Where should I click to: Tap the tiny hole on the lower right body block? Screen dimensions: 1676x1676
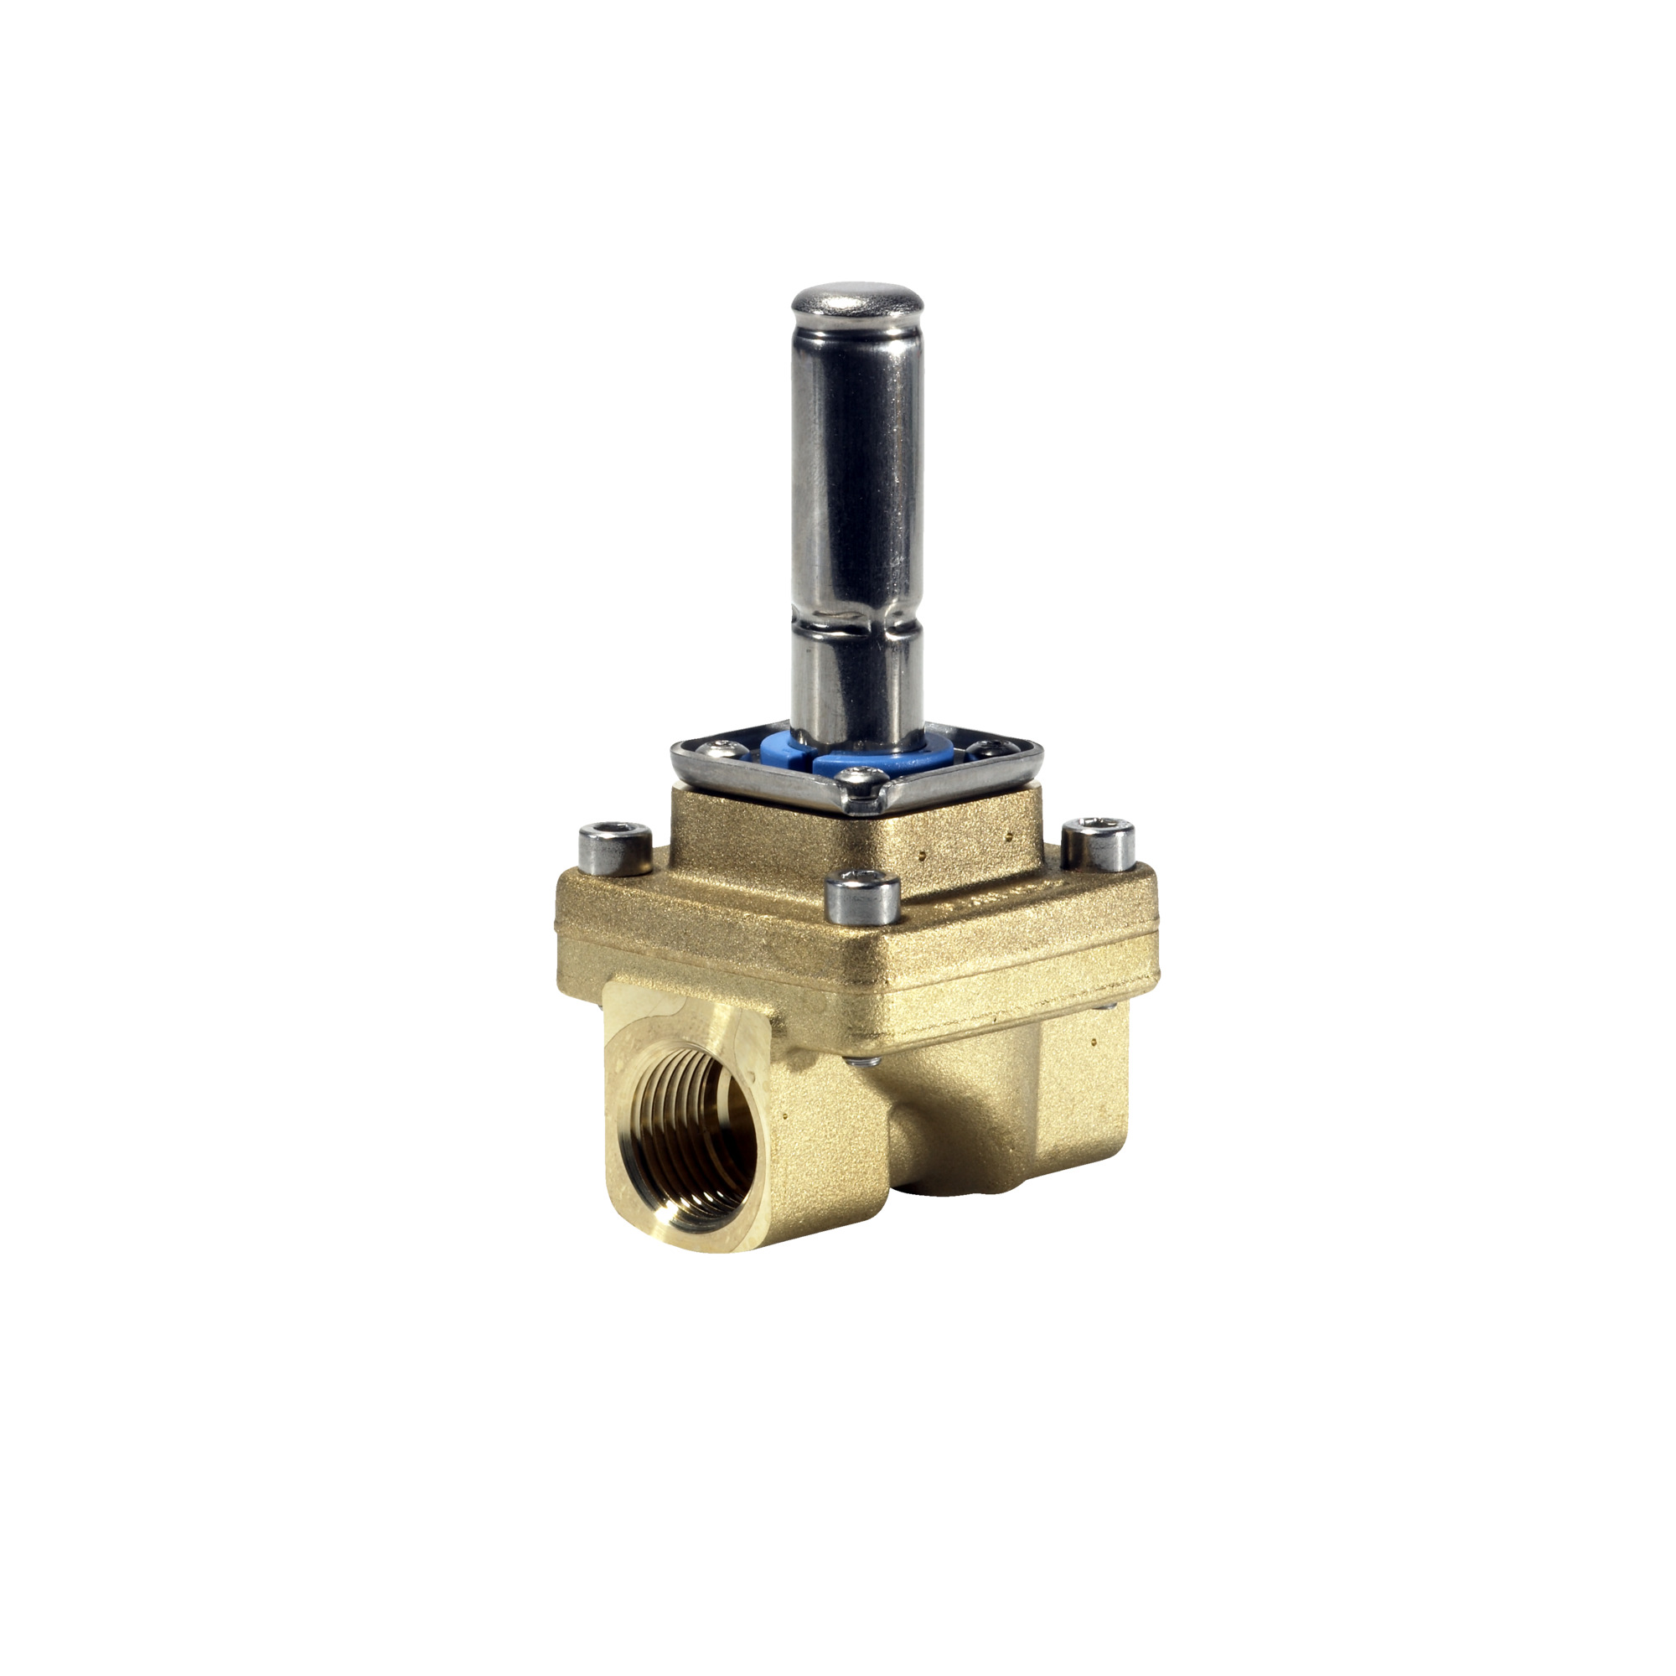click(1094, 1040)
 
